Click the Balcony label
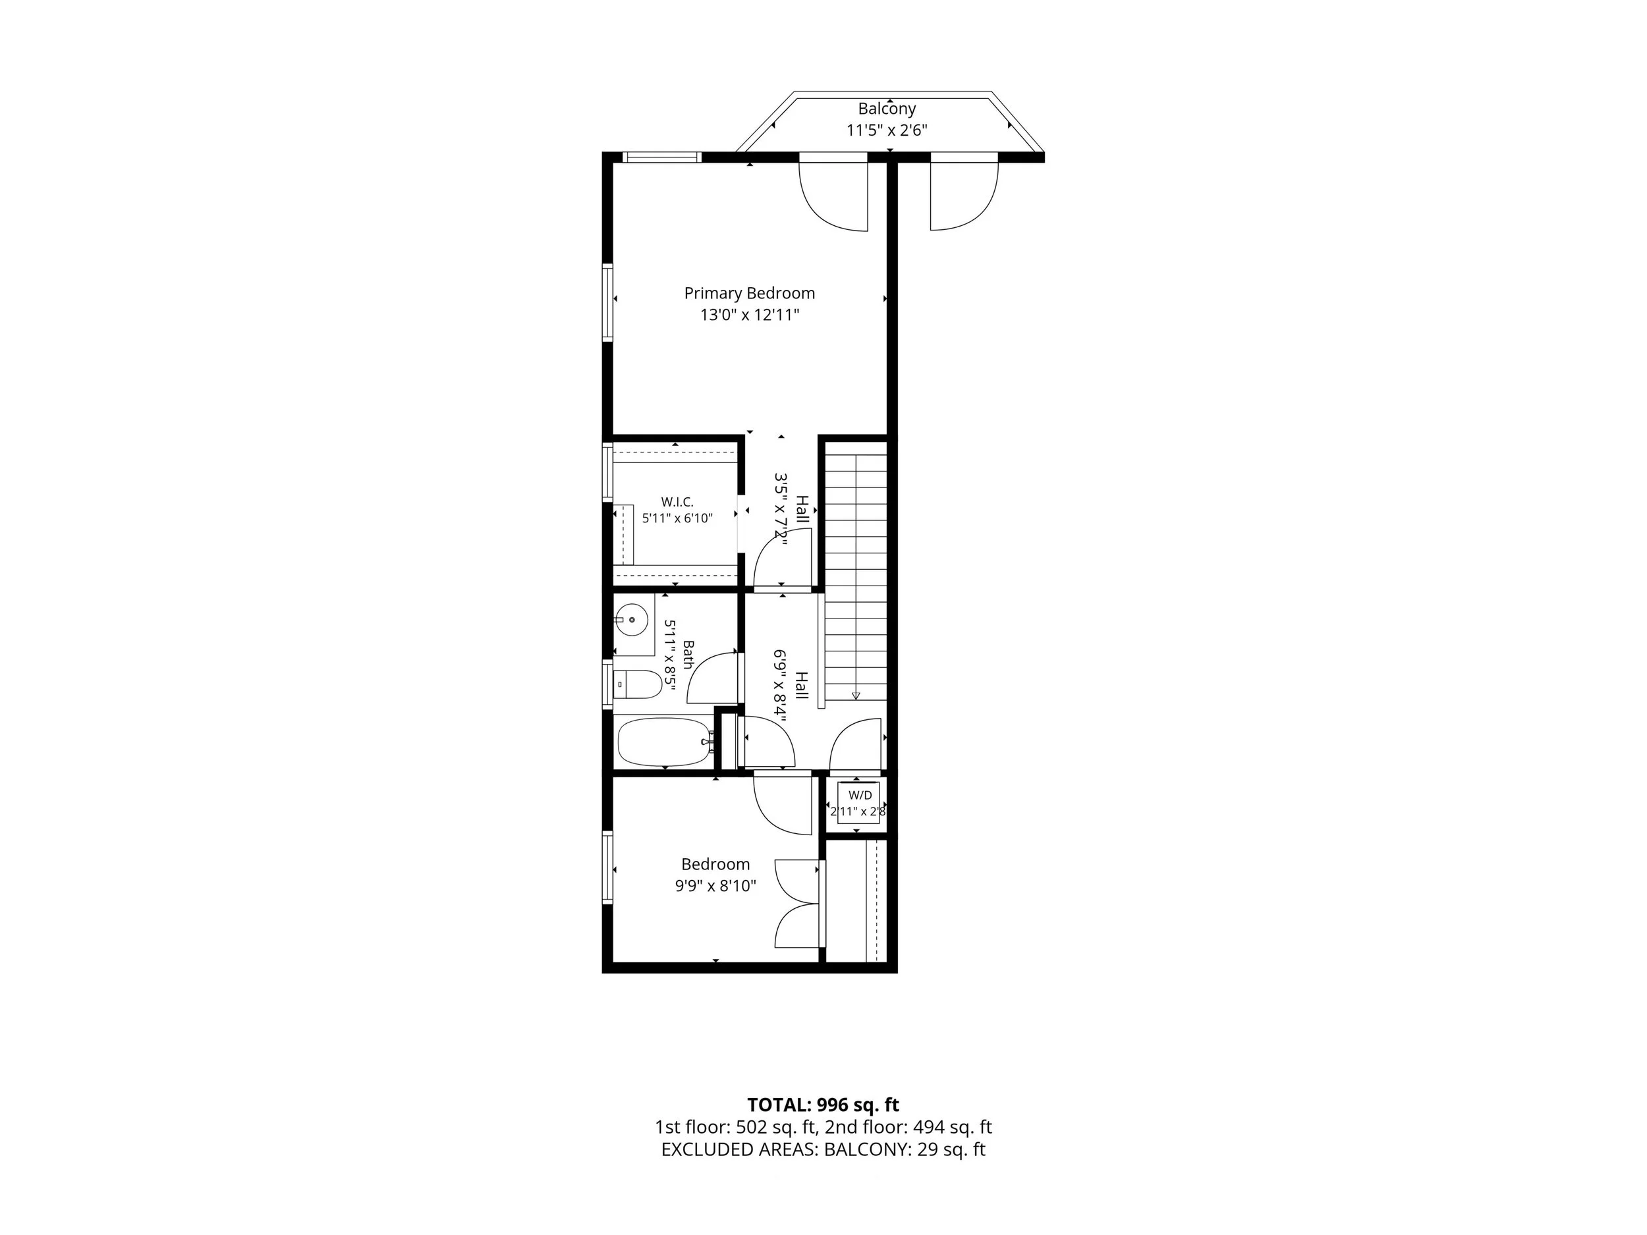(x=886, y=109)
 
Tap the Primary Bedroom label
(x=749, y=293)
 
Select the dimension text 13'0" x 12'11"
(x=749, y=315)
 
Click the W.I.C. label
(x=677, y=503)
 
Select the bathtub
(x=664, y=742)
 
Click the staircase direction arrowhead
(x=856, y=696)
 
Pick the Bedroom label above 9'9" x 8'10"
(x=715, y=864)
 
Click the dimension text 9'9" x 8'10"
(x=715, y=886)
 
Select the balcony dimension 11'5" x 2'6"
(x=886, y=130)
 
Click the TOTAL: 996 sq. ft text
(x=823, y=1105)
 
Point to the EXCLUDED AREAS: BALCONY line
(x=823, y=1149)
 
